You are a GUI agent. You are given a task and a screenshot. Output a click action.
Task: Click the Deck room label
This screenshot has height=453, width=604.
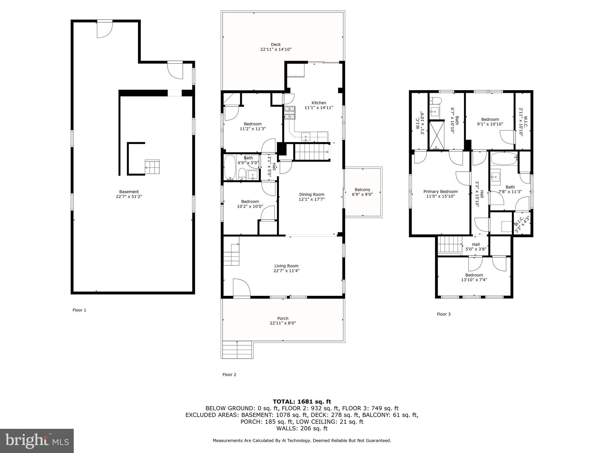[276, 45]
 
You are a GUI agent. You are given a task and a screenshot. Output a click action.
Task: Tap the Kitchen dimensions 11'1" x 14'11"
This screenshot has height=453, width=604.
[319, 108]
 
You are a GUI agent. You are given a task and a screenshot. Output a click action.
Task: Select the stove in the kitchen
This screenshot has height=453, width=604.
[290, 112]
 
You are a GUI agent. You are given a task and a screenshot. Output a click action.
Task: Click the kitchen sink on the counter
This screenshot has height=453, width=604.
[306, 136]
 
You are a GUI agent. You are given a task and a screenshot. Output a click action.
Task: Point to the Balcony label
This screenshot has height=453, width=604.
[362, 190]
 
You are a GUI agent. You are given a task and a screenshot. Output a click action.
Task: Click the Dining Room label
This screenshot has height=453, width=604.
[311, 194]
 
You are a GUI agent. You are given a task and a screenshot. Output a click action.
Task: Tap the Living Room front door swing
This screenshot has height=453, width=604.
[241, 287]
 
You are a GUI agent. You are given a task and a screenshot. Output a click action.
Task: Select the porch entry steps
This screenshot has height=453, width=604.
[237, 350]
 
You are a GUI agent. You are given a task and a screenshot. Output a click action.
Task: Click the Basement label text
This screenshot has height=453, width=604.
[129, 192]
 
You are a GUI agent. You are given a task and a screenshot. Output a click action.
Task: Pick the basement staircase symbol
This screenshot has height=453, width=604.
[152, 167]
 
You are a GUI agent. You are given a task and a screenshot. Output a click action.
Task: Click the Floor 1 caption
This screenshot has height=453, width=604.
[79, 310]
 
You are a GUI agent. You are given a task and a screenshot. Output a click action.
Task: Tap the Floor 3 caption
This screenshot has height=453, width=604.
[444, 314]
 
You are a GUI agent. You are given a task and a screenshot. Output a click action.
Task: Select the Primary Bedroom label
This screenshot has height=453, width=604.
[441, 191]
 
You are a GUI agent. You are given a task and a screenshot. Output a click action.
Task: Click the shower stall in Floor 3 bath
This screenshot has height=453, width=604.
[436, 135]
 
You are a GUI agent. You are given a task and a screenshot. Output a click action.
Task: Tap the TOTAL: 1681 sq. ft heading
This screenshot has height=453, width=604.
[302, 401]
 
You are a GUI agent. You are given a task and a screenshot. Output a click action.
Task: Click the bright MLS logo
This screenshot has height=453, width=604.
[37, 441]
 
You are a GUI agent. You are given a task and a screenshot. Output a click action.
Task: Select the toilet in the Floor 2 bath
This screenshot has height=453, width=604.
[242, 174]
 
